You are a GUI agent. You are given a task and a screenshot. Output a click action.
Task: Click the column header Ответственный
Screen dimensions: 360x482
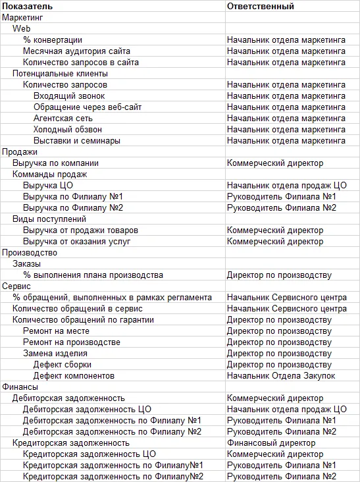click(x=260, y=6)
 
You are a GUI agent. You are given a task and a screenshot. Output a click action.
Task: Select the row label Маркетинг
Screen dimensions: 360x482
click(x=24, y=18)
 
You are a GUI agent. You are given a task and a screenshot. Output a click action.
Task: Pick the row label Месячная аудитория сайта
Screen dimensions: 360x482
click(x=76, y=51)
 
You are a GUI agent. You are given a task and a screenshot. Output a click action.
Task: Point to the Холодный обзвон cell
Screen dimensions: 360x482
click(x=68, y=130)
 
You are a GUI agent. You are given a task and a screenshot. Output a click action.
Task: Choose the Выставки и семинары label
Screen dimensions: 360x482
click(x=77, y=141)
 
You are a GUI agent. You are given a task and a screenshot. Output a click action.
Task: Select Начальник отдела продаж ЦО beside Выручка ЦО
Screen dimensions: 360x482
click(x=286, y=186)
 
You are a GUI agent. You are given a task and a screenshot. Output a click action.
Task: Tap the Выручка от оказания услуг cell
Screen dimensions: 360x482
click(x=76, y=242)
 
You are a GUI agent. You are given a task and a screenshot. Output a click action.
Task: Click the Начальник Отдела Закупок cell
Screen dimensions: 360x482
click(x=281, y=376)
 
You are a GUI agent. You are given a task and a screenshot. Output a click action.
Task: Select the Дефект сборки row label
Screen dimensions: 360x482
click(x=63, y=365)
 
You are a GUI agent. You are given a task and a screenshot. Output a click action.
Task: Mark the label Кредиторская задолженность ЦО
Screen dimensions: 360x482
click(x=89, y=454)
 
